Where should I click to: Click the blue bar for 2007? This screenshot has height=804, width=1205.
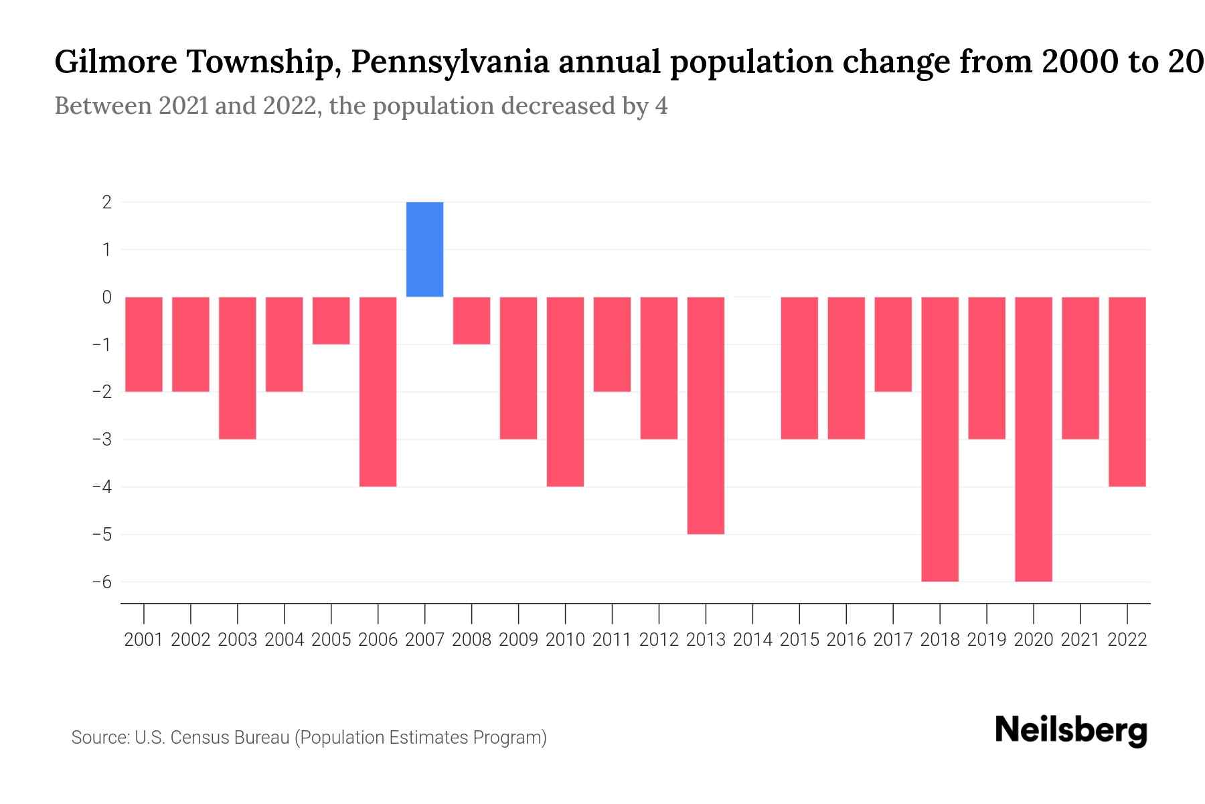424,249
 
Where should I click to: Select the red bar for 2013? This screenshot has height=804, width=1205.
706,415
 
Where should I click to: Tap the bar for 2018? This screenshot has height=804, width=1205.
940,439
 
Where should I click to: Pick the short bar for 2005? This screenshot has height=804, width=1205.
331,320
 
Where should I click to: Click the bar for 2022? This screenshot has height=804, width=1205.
1127,391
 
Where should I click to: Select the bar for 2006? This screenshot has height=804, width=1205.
378,391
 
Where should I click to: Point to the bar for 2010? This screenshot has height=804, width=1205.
565,391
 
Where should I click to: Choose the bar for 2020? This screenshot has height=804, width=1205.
1034,439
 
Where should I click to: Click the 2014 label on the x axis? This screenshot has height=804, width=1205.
752,640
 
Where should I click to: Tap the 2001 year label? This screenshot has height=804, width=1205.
144,640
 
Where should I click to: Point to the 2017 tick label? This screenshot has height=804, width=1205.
893,640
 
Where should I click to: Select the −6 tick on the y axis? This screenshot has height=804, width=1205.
102,582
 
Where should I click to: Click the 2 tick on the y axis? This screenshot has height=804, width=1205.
107,202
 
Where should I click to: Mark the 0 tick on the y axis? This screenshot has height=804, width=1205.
107,297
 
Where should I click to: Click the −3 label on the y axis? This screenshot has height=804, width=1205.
102,440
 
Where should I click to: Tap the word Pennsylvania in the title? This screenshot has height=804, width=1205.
450,62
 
